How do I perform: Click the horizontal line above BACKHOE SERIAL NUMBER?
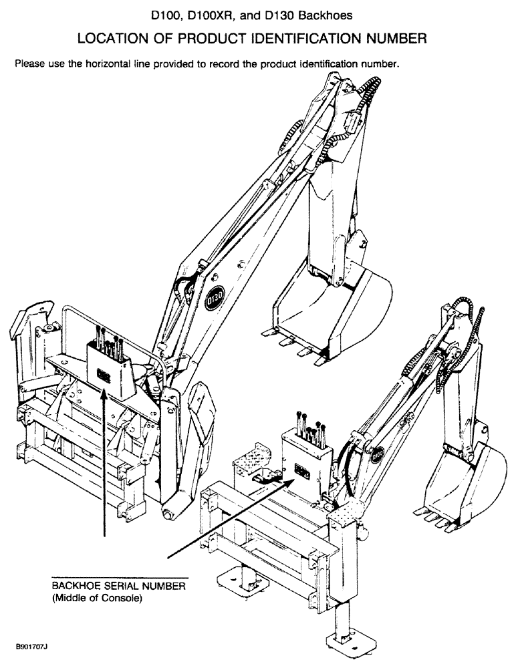click(120, 576)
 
